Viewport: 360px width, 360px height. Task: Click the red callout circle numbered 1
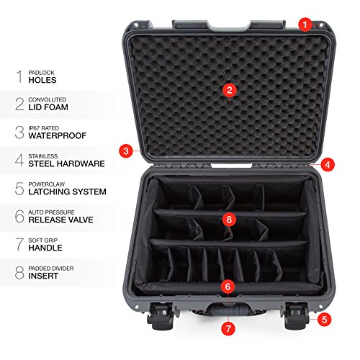tap(305, 24)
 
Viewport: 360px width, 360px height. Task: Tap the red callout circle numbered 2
tap(230, 90)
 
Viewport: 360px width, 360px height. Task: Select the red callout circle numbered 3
tap(126, 151)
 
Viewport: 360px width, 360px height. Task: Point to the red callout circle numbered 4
tap(328, 165)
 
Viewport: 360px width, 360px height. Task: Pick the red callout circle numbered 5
tap(324, 320)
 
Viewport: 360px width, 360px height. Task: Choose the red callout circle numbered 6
tap(228, 287)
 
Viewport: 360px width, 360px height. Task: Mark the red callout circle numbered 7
tap(228, 328)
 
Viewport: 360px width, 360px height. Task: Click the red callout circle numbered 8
tap(229, 220)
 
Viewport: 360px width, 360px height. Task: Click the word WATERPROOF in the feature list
tap(58, 135)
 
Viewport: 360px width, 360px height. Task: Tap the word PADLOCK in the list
tap(41, 73)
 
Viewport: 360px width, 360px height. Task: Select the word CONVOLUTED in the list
tap(48, 99)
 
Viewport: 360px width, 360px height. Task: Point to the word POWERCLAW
tap(47, 184)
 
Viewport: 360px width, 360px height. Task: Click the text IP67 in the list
tap(34, 128)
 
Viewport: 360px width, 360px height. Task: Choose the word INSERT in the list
tap(43, 276)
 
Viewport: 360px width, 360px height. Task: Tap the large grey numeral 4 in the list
tap(19, 160)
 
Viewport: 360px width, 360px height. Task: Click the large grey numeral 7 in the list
tap(19, 244)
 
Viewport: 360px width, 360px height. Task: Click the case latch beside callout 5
tap(297, 315)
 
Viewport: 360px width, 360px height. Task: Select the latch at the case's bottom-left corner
tap(161, 316)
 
